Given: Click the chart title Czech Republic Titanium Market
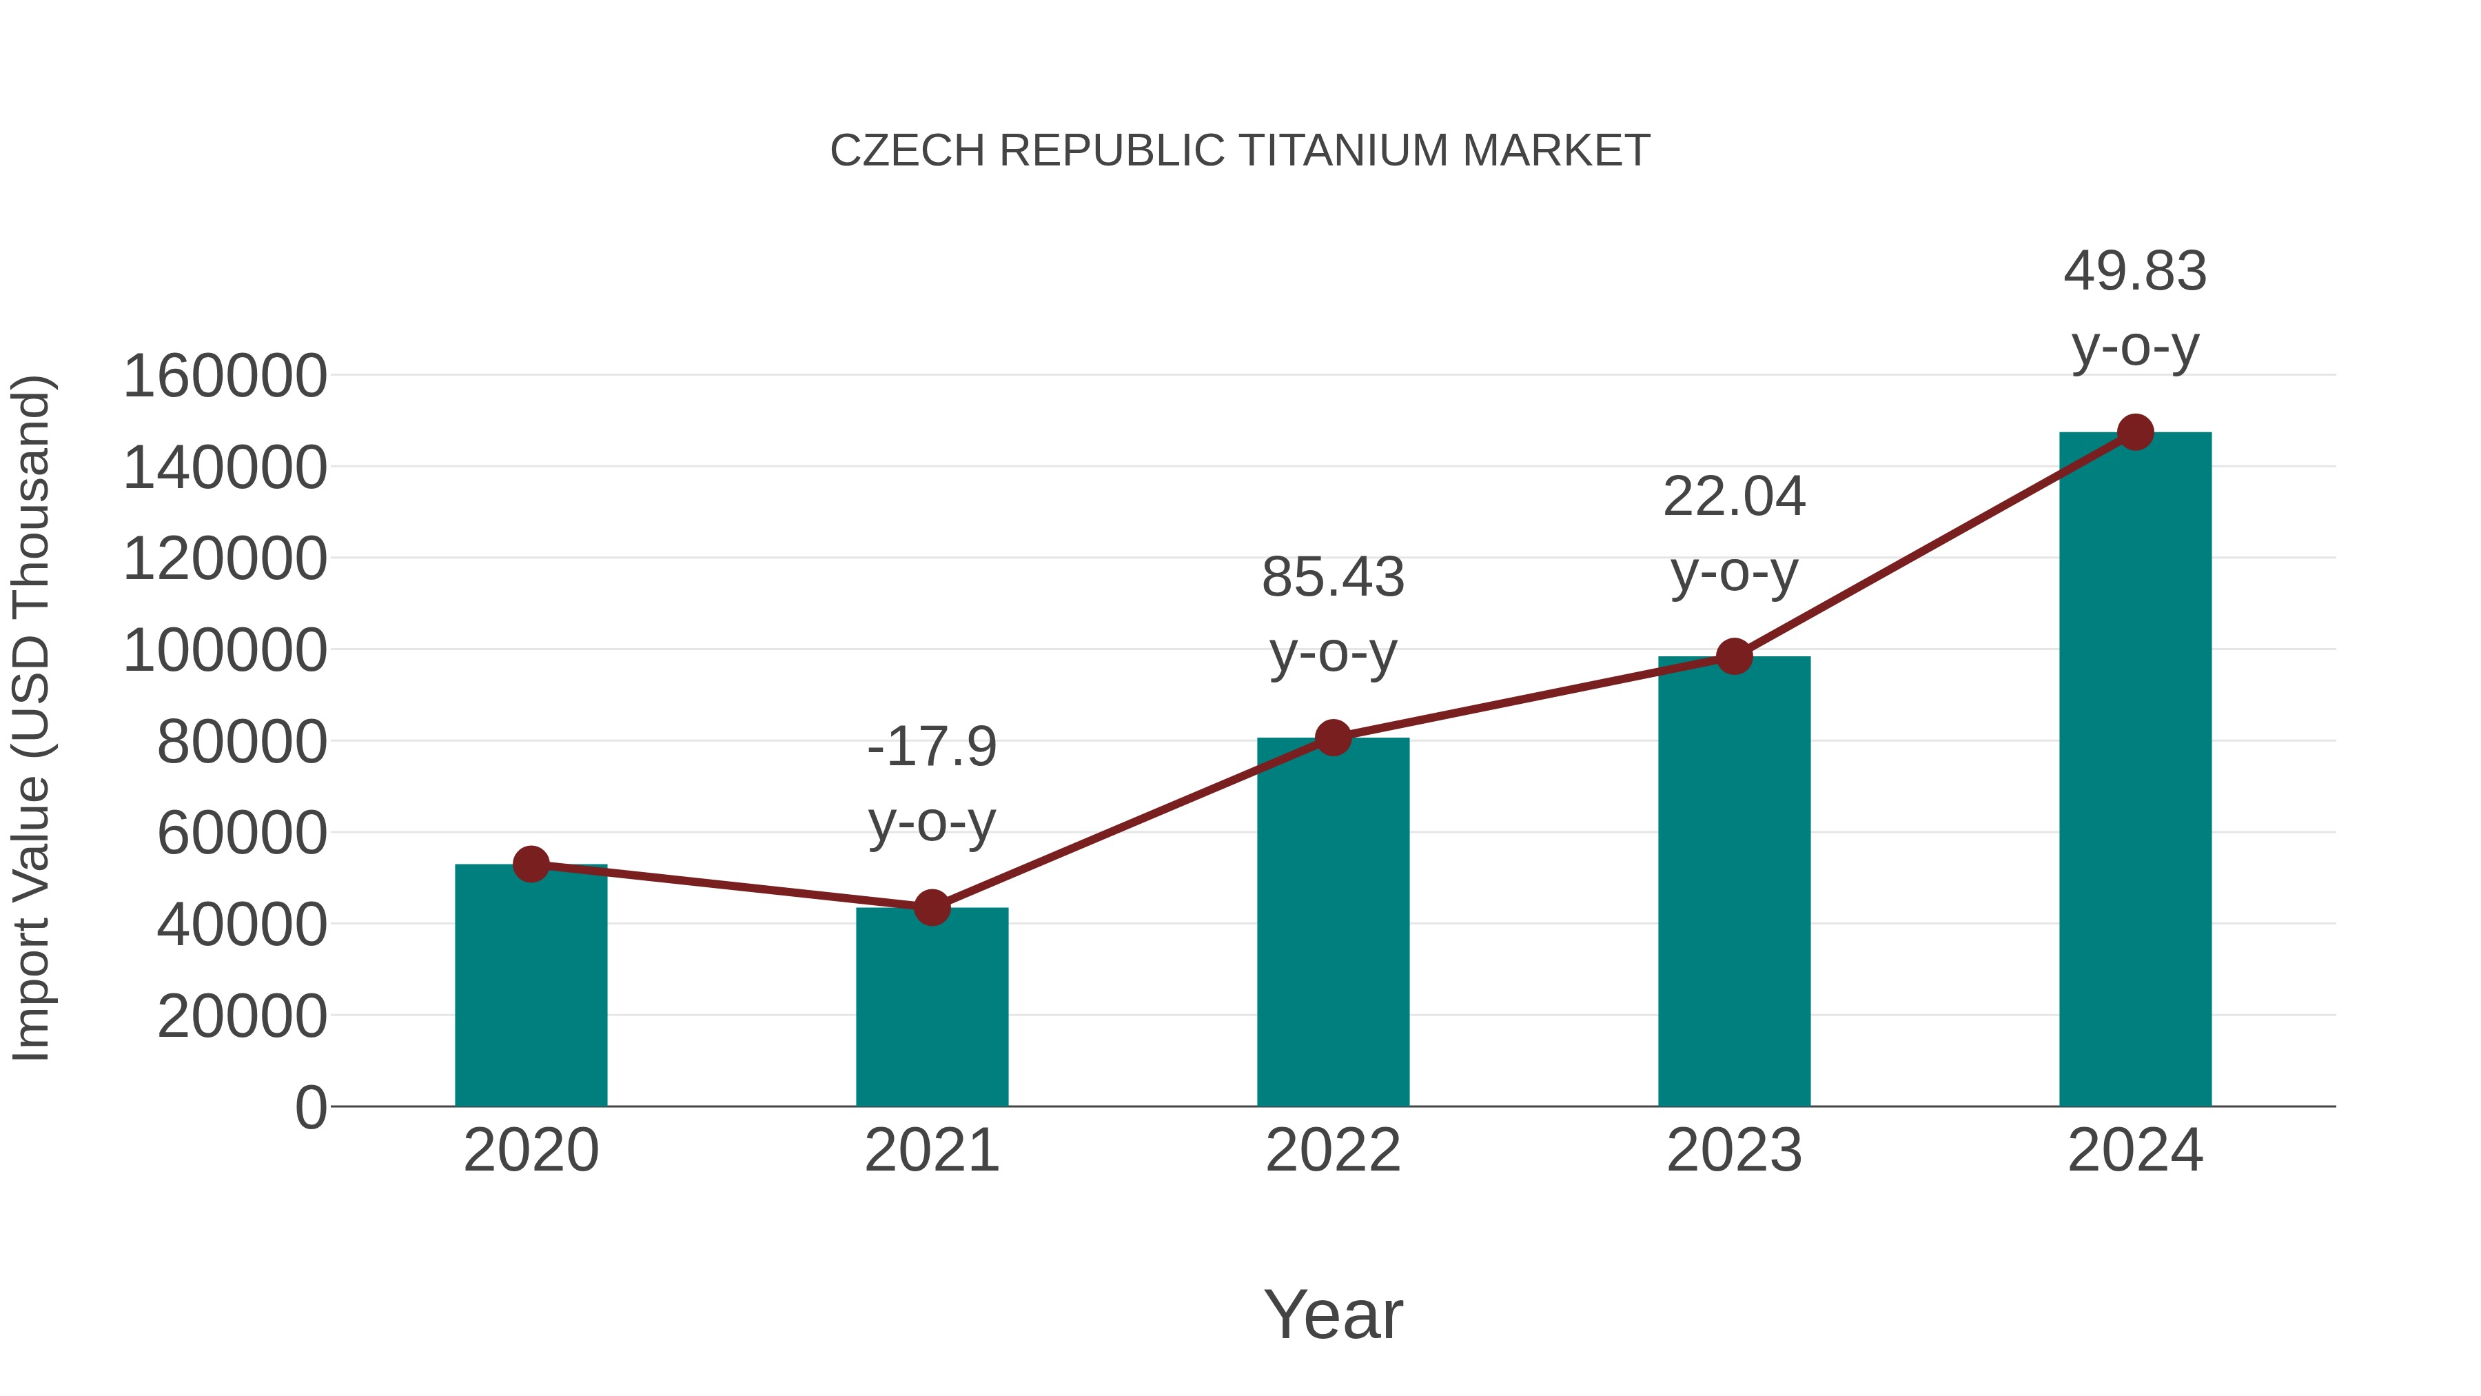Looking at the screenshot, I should [x=1240, y=151].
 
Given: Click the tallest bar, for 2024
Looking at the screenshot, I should [x=2135, y=771].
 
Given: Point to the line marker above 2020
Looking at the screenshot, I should [x=531, y=864].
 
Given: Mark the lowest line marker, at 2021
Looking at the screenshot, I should [x=931, y=907].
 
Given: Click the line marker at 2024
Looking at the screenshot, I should [x=2135, y=432].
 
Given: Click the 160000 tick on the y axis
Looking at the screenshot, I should [x=225, y=376].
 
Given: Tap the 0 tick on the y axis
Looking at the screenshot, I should [x=310, y=1107].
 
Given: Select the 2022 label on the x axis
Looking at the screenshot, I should [x=1333, y=1151].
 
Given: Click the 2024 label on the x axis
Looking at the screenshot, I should [x=2135, y=1151].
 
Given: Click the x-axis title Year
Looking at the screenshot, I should [x=1333, y=1315].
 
